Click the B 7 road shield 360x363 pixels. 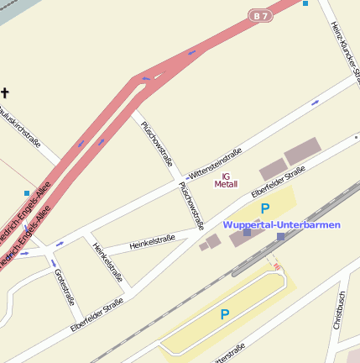261,15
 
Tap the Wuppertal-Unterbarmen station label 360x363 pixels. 281,224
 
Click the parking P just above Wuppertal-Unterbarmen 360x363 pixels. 265,208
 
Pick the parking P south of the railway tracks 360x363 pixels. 224,314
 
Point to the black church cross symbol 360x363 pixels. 5,93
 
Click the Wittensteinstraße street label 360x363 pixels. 215,163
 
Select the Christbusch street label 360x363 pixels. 339,310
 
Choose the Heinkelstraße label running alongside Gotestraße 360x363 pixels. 107,262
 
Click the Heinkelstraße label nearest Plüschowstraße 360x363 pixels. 152,244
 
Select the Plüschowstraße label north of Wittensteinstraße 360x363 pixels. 157,145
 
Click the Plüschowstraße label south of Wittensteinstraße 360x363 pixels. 191,205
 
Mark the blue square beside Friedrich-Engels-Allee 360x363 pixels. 27,193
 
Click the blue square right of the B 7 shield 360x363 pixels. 305,3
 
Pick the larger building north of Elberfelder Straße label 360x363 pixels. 302,151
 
